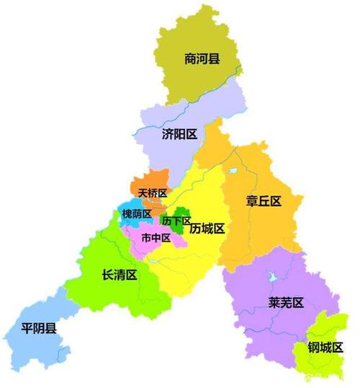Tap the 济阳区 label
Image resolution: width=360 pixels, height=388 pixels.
pyautogui.click(x=180, y=134)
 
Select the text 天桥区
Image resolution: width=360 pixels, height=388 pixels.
pyautogui.click(x=153, y=193)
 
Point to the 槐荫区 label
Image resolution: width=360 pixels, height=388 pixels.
pyautogui.click(x=137, y=214)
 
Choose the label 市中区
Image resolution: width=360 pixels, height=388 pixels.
pyautogui.click(x=156, y=237)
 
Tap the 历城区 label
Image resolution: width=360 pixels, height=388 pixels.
pyautogui.click(x=207, y=229)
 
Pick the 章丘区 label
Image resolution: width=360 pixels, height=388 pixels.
pyautogui.click(x=263, y=201)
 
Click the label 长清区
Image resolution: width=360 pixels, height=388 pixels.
pyautogui.click(x=120, y=275)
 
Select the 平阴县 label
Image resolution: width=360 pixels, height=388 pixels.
pyautogui.click(x=39, y=329)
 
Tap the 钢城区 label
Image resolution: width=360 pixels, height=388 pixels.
pyautogui.click(x=323, y=348)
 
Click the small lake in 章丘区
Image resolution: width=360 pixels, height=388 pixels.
pyautogui.click(x=233, y=172)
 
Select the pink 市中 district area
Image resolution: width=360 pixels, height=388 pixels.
pyautogui.click(x=144, y=249)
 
